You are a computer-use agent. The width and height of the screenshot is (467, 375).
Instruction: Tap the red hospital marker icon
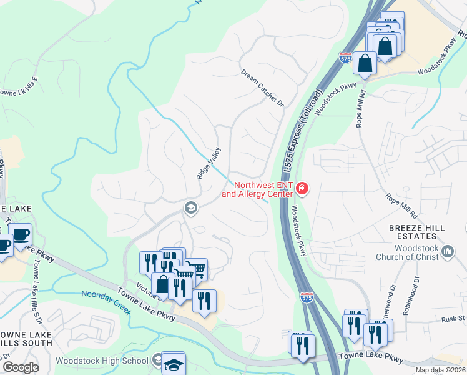coord(303,188)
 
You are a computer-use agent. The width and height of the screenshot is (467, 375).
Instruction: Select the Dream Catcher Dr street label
coord(263,87)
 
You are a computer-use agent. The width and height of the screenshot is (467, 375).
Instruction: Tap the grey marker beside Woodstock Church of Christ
coord(447,251)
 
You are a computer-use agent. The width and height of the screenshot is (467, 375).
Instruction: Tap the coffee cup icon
coord(21,234)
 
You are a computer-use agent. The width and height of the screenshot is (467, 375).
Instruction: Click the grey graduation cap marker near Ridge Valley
coord(190,208)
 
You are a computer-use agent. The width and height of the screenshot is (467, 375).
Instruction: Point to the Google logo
coord(21,367)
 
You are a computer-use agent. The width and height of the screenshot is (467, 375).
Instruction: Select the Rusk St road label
coord(453,319)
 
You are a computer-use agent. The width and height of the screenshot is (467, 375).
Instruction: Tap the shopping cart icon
coord(197,269)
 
